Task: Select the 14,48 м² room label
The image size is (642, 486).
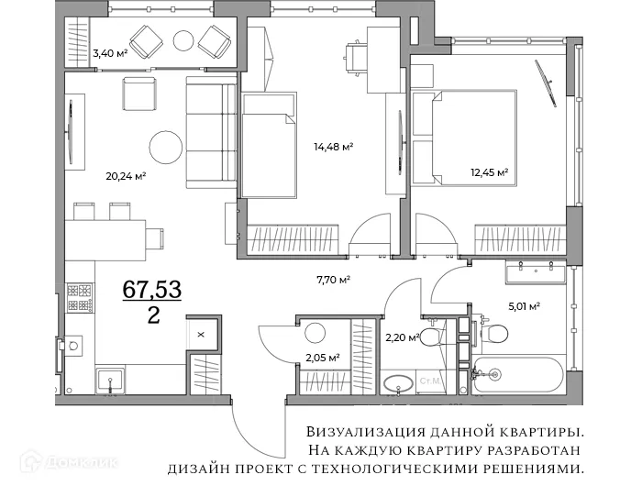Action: click(x=333, y=146)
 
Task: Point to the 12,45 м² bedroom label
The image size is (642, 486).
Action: click(x=489, y=171)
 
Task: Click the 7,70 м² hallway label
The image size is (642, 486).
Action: click(x=332, y=279)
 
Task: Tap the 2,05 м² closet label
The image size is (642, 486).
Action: click(x=322, y=358)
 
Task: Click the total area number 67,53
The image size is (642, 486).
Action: click(x=153, y=291)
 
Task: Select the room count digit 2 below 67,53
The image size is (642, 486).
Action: click(x=153, y=316)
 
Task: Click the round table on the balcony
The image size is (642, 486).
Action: click(x=184, y=40)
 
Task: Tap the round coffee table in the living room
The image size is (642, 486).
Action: click(x=167, y=147)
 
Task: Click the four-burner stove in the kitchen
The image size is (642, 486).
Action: click(x=81, y=296)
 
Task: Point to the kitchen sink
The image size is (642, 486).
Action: click(x=111, y=380)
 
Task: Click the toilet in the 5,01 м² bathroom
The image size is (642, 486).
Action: click(x=495, y=331)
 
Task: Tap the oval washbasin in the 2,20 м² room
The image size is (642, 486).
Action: click(x=397, y=383)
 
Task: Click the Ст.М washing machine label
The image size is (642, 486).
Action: click(x=428, y=379)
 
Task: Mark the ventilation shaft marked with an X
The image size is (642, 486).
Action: click(x=201, y=334)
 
